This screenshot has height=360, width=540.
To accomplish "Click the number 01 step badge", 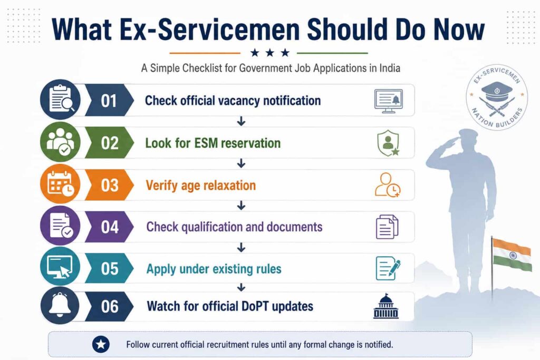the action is click(109, 100).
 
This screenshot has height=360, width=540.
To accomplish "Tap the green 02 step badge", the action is click(109, 142).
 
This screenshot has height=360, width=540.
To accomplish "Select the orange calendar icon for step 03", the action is click(60, 184).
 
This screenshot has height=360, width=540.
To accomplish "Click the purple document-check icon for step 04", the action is click(60, 226).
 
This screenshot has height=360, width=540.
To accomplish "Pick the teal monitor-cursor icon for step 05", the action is click(60, 266).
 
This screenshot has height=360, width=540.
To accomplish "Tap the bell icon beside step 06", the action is click(60, 305).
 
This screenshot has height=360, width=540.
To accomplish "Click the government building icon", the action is click(386, 306).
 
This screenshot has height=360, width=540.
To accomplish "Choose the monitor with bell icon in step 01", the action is click(389, 101).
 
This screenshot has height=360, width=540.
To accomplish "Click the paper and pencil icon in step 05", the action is click(388, 268).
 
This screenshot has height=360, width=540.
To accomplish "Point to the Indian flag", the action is click(512, 254).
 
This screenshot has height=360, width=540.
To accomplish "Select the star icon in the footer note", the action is click(101, 344).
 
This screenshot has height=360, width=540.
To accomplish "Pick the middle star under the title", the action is click(270, 53).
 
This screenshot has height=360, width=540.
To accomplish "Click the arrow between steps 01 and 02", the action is click(241, 121).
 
